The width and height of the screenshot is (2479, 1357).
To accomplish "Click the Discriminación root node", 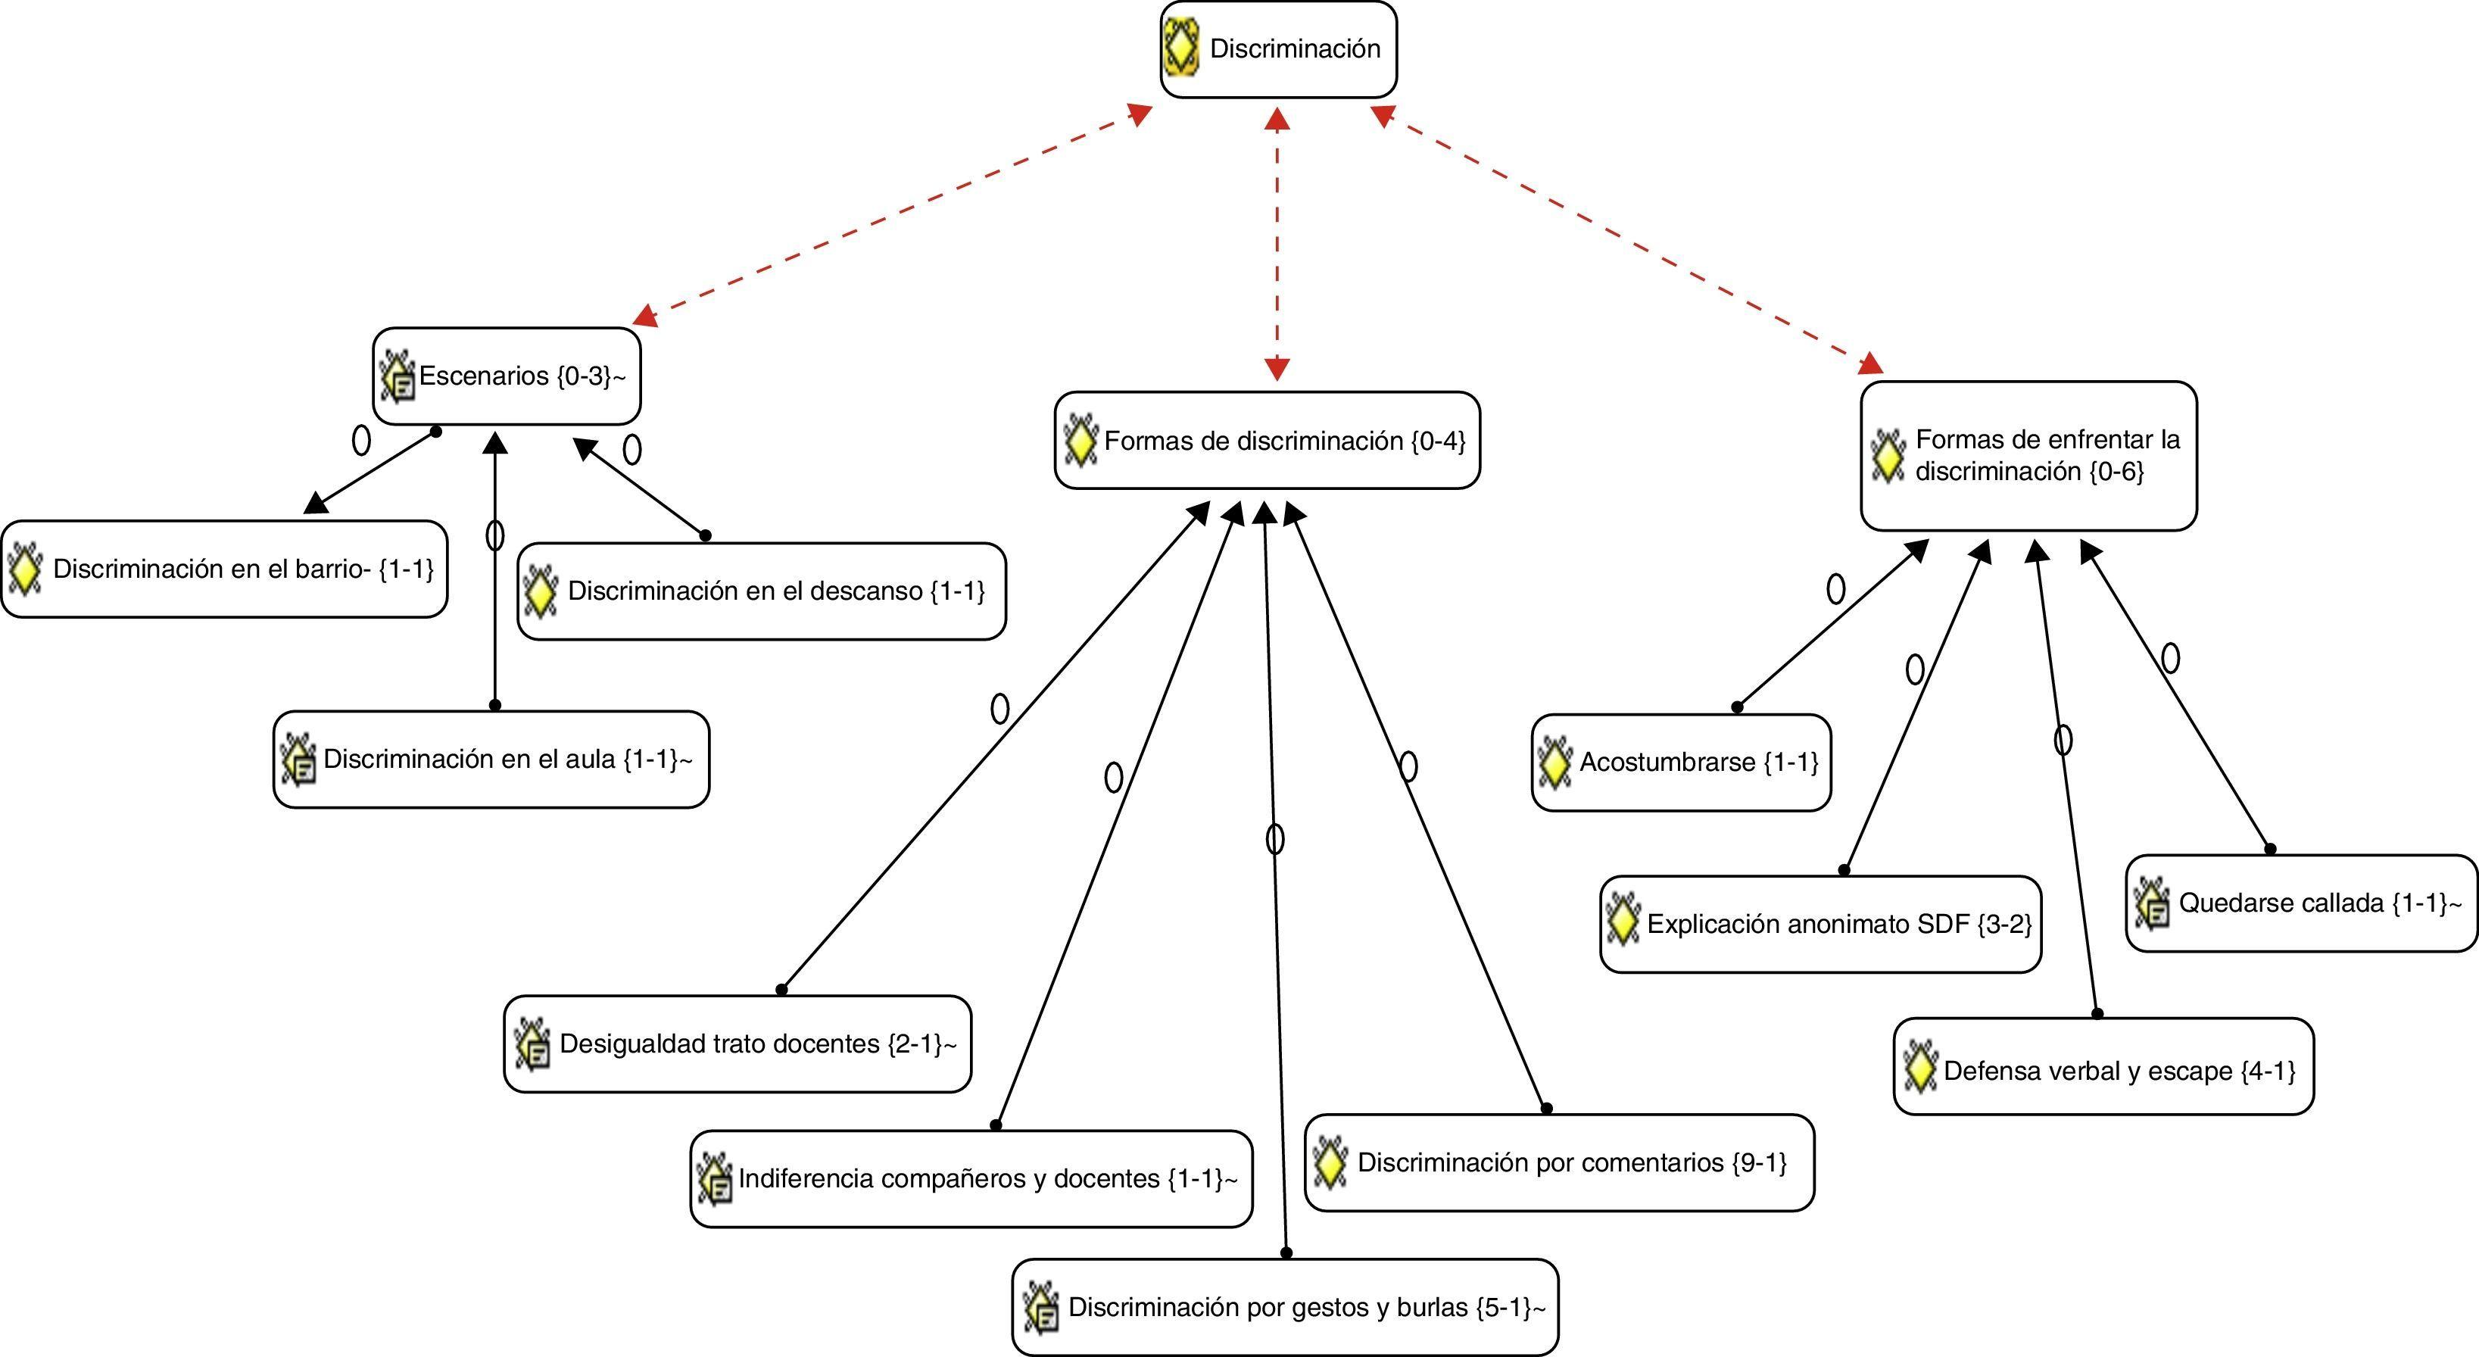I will [1278, 49].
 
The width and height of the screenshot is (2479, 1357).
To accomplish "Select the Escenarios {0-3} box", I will [507, 376].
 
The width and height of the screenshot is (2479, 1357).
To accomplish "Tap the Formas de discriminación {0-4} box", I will [1267, 441].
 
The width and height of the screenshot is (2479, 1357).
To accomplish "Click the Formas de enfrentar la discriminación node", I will [2028, 456].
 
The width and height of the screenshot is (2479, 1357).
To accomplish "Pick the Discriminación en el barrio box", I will [224, 569].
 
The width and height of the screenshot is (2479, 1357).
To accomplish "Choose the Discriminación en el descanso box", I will [761, 591].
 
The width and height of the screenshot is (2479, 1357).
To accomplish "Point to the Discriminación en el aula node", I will [491, 760].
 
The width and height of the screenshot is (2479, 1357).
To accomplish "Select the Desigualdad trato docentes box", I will [737, 1044].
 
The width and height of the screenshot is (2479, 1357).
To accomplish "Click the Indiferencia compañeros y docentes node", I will [971, 1179].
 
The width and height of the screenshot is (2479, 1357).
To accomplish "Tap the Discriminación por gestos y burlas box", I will [1285, 1307].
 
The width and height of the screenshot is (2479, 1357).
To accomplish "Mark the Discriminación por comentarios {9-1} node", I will [1559, 1162].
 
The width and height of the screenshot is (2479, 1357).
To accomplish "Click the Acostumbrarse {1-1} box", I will [1680, 763].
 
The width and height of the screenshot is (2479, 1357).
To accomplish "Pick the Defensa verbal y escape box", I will [2103, 1072].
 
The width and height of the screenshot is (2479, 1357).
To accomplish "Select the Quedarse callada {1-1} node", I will [2300, 903].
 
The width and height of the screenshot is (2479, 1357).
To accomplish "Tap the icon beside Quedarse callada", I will [2152, 903].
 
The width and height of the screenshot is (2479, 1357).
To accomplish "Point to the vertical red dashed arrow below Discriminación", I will [1277, 245].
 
